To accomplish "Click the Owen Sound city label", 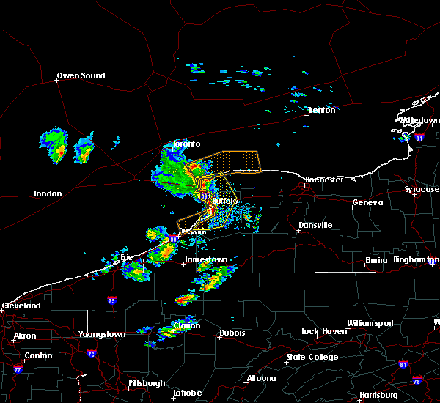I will coord(81,75).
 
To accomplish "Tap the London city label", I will coord(48,194).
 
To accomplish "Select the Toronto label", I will coord(186,144).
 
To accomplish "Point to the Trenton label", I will coord(320,110).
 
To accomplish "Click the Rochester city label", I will coord(324,180).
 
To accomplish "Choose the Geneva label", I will coord(368,203).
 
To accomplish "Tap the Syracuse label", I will coord(422,189).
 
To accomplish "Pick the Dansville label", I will coord(315,225).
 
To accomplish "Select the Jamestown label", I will coord(205,260).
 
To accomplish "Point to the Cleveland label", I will coord(20,306).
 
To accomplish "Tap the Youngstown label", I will coord(102,335).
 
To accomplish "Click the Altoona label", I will coord(261,379).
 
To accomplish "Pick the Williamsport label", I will coord(370,323).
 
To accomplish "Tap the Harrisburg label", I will coord(379,395).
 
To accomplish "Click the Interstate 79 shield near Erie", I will coord(112,300).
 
